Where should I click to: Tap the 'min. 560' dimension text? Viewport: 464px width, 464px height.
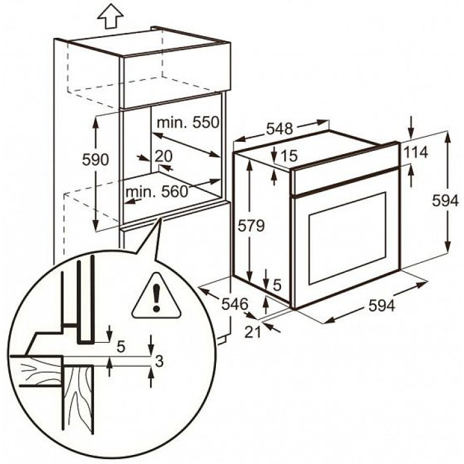(156, 191)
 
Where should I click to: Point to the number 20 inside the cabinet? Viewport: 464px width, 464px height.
(164, 155)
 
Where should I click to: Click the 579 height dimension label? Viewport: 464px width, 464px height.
(251, 226)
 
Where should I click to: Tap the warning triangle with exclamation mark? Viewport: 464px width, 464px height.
(155, 297)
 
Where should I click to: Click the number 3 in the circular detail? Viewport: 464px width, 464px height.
(159, 363)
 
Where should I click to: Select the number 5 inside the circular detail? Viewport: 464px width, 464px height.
(121, 347)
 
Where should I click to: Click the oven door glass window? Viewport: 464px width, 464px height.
(347, 238)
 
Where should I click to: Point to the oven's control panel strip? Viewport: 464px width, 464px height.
(345, 180)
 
